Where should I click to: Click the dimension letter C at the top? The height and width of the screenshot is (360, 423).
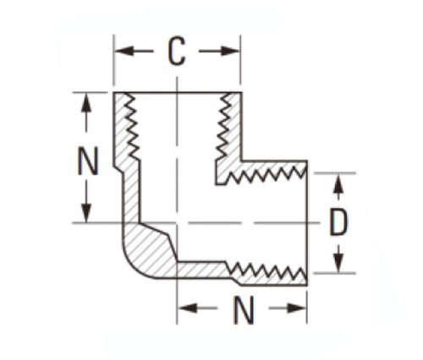coord(177,52)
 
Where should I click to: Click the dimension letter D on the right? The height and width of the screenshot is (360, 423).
coord(338,222)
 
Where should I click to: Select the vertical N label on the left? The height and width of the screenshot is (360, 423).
coord(88,161)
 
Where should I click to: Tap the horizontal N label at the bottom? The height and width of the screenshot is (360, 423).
coord(244,309)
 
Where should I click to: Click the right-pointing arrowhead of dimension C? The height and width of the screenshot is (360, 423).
coord(230,52)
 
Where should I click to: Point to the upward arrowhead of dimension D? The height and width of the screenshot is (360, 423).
coord(338,183)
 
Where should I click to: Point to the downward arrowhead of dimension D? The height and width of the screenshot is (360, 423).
coord(338,263)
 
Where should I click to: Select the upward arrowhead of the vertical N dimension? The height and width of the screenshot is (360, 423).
coord(86,103)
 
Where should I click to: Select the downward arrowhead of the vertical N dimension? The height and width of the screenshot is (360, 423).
coord(86,212)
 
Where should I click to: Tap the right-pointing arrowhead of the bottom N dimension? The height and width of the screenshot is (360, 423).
coord(296,308)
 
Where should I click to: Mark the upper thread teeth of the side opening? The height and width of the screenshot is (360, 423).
coord(266,173)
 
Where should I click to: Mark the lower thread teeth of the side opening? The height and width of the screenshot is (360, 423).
coord(266,270)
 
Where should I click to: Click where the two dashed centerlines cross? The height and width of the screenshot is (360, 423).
coord(177,223)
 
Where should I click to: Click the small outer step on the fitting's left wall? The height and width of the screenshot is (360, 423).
coord(118,170)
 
